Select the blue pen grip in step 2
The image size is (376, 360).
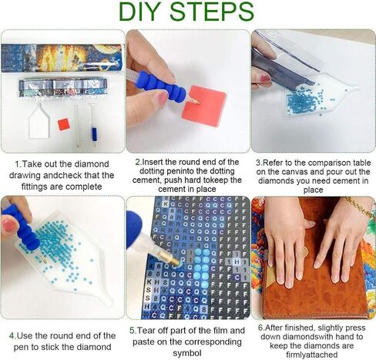171,86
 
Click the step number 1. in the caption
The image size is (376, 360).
17,164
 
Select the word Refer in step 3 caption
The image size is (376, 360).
277,163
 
